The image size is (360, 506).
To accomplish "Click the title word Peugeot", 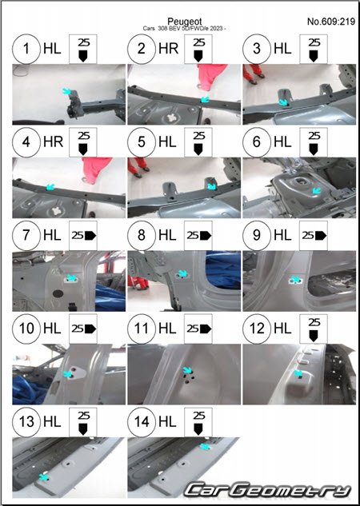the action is click(186, 22).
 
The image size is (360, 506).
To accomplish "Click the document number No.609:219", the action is click(331, 22).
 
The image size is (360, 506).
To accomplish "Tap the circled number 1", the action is click(26, 49).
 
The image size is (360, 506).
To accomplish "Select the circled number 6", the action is click(257, 142).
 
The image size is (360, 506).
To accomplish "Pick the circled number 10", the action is click(26, 329).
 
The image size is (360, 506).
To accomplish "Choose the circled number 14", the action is click(142, 422).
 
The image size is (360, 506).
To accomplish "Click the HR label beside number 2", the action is click(169, 49).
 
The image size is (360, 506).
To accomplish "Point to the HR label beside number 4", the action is click(54, 142).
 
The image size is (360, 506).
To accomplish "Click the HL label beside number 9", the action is click(282, 235).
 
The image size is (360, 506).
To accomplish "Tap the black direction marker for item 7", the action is click(90, 236).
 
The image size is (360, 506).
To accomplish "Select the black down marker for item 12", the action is click(314, 336).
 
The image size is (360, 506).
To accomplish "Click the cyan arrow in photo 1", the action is click(67, 91).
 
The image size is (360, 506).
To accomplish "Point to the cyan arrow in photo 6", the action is click(316, 189).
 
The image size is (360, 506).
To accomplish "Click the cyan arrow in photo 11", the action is click(186, 370).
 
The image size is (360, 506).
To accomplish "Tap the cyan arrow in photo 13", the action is click(43, 476).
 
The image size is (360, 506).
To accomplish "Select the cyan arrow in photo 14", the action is click(205, 446).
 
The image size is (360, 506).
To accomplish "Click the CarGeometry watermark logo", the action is click(267, 490).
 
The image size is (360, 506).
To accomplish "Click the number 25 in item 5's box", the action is click(198, 136).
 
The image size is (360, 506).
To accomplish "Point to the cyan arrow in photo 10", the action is click(68, 373).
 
